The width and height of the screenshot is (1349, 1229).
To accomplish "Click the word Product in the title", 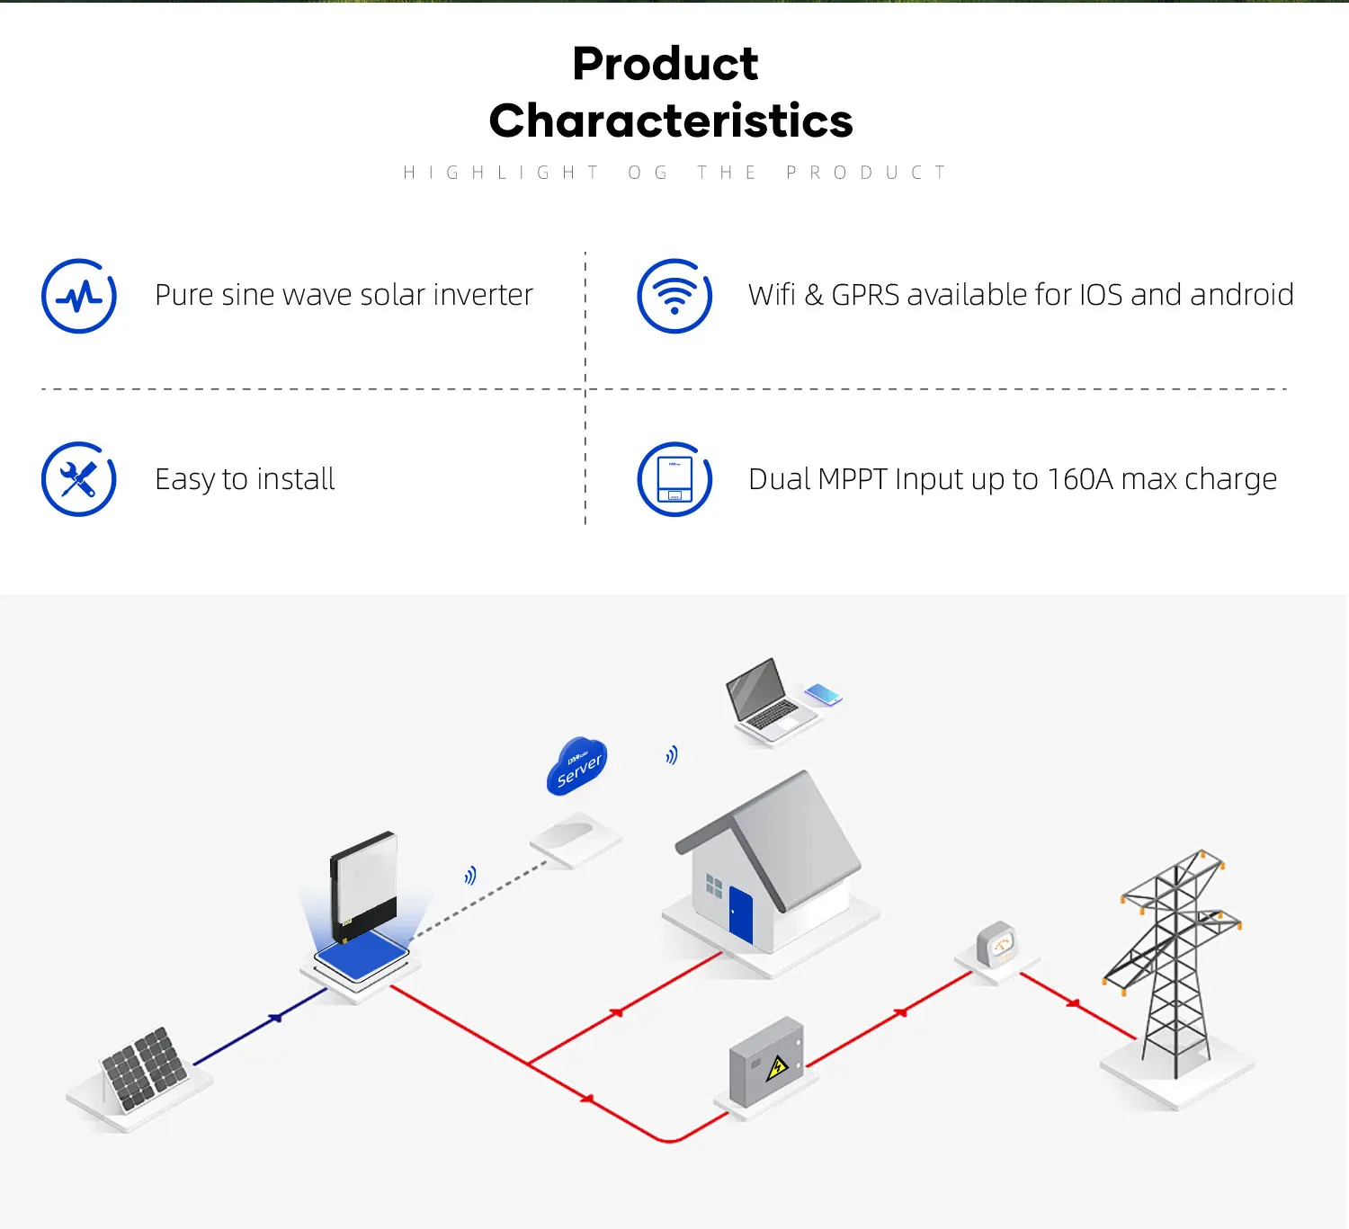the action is tap(666, 65).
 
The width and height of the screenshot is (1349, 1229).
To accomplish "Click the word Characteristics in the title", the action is tap(671, 121).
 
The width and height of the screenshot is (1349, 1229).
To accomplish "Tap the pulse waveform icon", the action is tap(79, 296).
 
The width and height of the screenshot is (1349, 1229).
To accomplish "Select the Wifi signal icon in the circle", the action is tap(674, 296).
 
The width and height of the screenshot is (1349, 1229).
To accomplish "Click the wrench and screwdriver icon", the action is tap(79, 479).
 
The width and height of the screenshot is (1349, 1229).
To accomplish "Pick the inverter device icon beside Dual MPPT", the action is tap(674, 479).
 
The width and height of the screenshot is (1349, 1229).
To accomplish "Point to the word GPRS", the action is tap(864, 295).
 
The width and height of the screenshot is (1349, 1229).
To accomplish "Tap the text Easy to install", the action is tap(245, 479).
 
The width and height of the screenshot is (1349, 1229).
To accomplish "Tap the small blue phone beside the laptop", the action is tap(823, 694).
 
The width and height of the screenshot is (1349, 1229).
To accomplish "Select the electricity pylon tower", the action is tap(1174, 962).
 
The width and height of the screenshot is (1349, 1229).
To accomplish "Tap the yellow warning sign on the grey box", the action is tap(776, 1068).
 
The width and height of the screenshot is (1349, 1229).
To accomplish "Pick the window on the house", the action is tap(714, 886).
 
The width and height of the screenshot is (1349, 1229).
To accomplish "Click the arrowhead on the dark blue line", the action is tap(276, 1018).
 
